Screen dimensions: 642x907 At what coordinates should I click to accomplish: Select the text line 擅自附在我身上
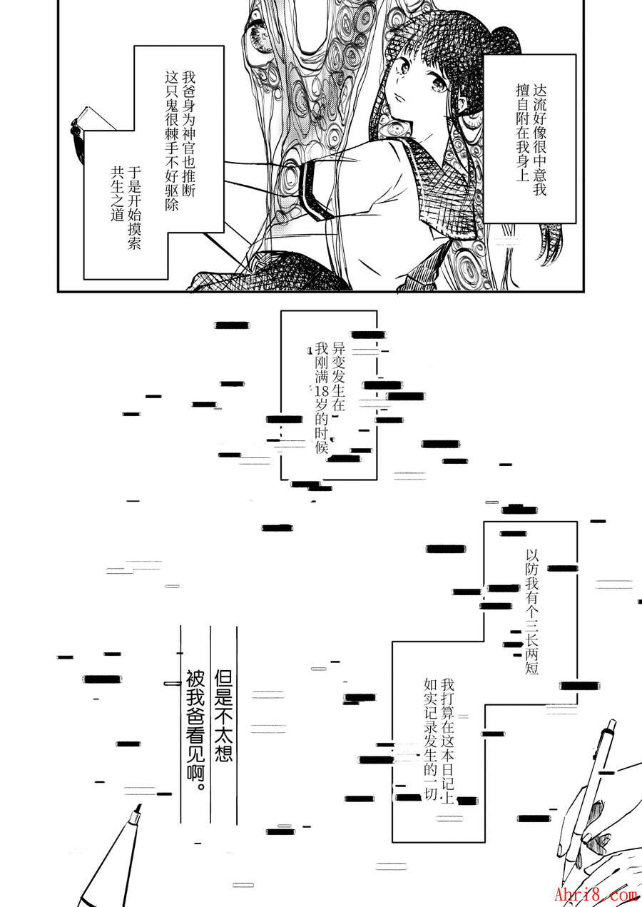tap(523, 133)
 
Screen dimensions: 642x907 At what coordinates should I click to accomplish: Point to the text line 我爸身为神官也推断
tap(188, 133)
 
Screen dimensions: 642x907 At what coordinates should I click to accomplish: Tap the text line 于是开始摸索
tap(134, 208)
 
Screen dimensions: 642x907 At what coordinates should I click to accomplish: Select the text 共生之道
tap(118, 193)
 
